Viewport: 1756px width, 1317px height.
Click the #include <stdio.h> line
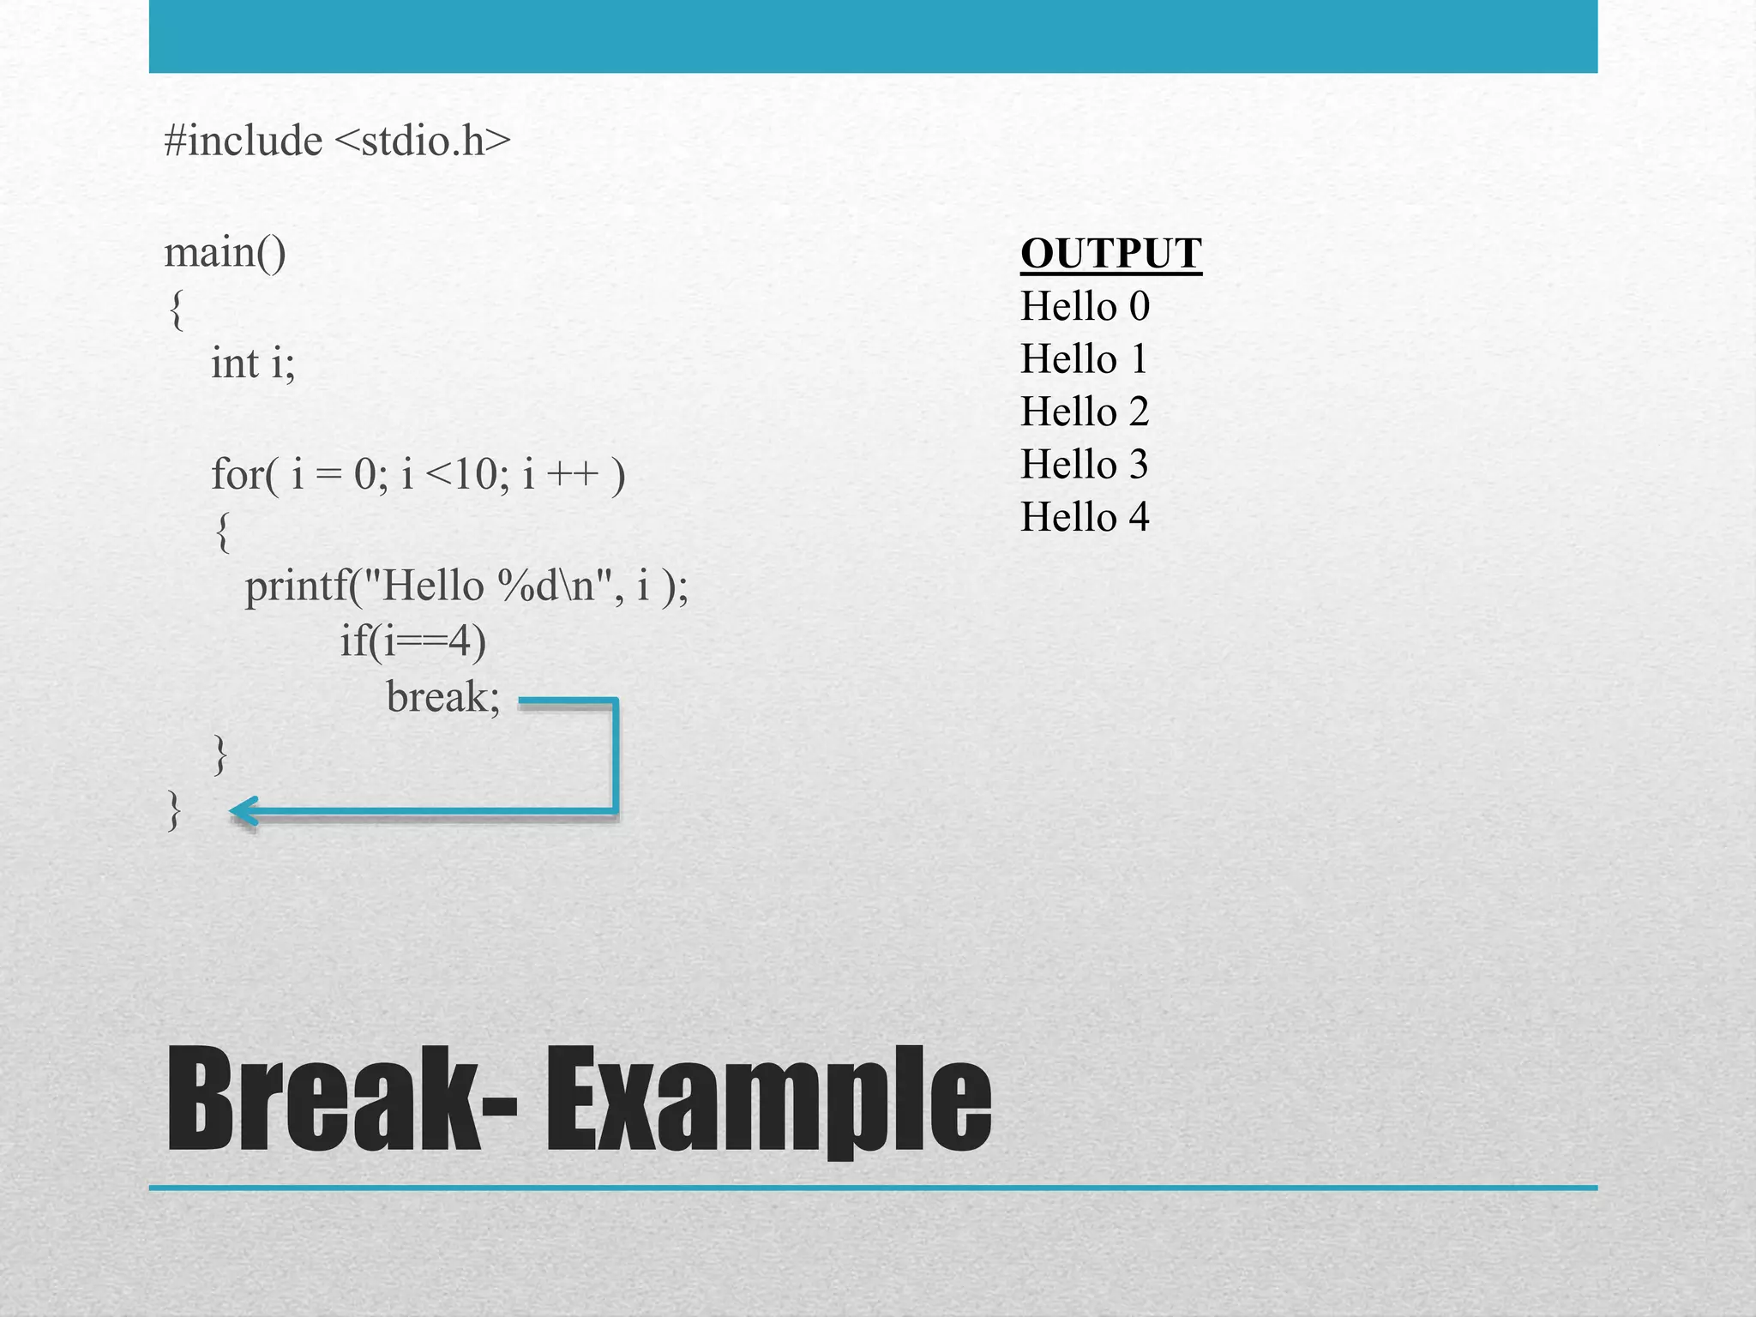click(x=337, y=141)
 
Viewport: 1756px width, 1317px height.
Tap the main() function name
click(x=225, y=253)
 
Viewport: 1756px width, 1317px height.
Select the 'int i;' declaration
click(x=253, y=363)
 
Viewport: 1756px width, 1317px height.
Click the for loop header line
click(x=418, y=474)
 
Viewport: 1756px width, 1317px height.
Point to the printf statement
click(x=466, y=587)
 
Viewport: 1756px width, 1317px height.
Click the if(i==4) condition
click(x=412, y=641)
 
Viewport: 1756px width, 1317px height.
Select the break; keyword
click(x=442, y=697)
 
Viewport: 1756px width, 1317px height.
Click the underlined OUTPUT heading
click(x=1110, y=255)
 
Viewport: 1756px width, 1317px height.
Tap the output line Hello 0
click(x=1085, y=307)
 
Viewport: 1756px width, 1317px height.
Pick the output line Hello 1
click(x=1084, y=359)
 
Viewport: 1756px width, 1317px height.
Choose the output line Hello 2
click(x=1085, y=412)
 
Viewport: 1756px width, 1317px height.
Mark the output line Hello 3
click(x=1084, y=465)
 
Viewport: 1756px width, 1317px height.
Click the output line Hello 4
click(x=1085, y=517)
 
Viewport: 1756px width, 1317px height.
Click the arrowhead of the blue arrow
click(x=244, y=811)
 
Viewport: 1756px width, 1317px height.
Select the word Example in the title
click(x=768, y=1102)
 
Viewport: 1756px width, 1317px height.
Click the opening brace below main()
click(x=176, y=310)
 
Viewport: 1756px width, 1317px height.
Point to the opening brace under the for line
click(x=223, y=532)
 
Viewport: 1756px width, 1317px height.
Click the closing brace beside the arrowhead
click(x=174, y=810)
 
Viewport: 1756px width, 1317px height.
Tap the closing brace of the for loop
click(x=220, y=754)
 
